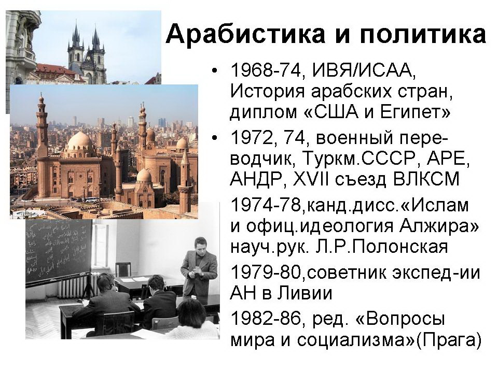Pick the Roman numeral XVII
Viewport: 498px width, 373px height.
[x=306, y=179]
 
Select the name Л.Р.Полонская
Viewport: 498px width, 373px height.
[x=382, y=247]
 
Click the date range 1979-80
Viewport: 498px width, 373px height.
[x=266, y=273]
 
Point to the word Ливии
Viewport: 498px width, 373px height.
[x=305, y=293]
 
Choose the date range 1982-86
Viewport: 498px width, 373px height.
[x=266, y=319]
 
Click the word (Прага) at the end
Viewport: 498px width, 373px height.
[x=448, y=340]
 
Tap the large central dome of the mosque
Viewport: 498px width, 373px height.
[x=79, y=141]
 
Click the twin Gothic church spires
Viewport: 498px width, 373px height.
[x=86, y=51]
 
